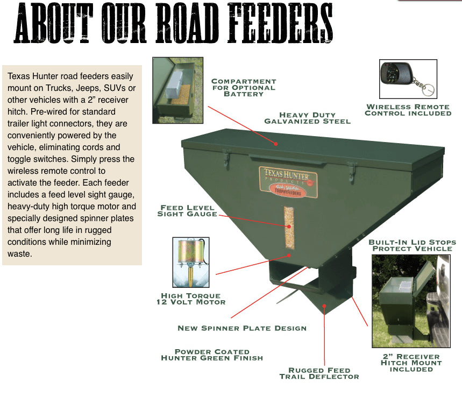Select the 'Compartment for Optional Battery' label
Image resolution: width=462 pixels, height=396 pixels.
244,88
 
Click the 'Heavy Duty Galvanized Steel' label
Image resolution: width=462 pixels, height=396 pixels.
307,118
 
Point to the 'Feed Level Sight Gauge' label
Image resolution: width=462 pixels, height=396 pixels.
187,210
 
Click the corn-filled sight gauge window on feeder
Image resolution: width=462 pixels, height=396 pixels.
289,228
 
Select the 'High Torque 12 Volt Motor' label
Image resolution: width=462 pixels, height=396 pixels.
191,299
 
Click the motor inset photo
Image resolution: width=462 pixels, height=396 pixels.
191,262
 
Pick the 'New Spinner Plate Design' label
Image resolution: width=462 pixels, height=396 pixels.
242,328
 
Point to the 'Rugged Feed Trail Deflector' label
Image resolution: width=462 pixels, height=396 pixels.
319,373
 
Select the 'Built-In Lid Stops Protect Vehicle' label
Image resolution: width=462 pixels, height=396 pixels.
412,245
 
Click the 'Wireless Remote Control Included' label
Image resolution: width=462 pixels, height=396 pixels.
408,110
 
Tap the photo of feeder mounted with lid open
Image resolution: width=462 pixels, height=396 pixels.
410,301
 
